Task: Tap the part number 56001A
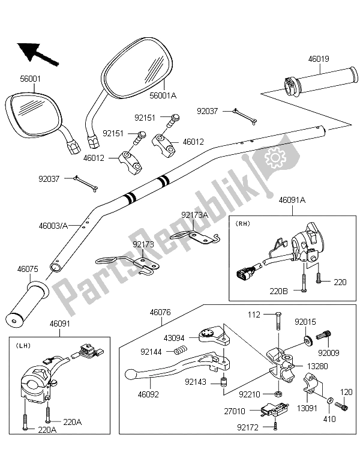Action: (163, 95)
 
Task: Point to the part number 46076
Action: (160, 312)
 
